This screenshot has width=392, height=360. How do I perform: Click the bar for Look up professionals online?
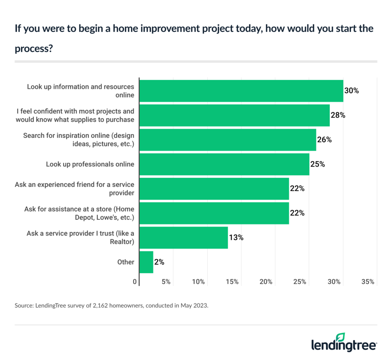coord(224,164)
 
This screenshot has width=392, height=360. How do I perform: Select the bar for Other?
coord(146,262)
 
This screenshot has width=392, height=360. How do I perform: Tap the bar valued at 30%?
coord(241,91)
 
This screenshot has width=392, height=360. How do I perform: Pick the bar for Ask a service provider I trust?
coord(184,237)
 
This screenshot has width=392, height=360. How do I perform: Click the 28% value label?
coord(338,115)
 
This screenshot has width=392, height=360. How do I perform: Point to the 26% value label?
coord(324,140)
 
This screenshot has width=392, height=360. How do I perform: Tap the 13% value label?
coord(236,237)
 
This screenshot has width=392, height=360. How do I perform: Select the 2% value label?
coord(160,262)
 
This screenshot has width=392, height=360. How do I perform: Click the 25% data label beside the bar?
coord(318,164)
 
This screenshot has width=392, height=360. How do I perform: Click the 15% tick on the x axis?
coord(232,282)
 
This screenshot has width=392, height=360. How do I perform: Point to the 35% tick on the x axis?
coord(368,282)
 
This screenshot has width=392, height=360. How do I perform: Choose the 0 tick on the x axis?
coord(135,282)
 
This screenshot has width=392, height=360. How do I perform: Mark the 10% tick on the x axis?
coord(198,282)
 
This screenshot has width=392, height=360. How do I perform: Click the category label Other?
coord(126,262)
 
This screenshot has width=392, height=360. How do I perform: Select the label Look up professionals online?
coord(90,164)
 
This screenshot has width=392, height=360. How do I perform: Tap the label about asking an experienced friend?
coord(75,188)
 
